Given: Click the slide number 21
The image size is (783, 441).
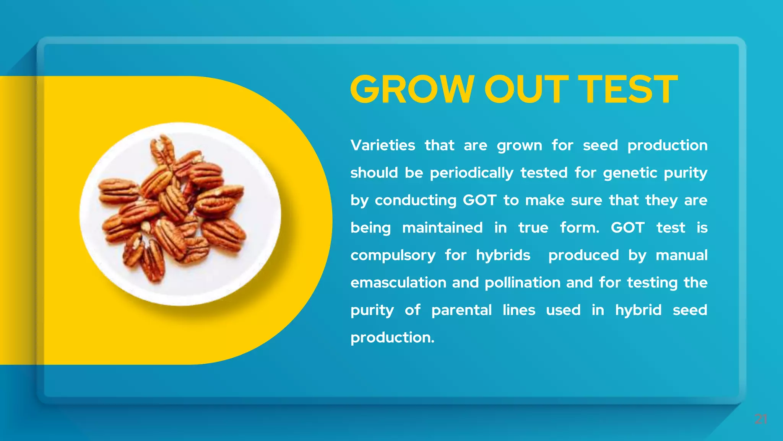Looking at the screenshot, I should (x=760, y=419).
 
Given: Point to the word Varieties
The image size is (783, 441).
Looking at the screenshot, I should (x=383, y=145).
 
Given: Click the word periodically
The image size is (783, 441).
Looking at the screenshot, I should (x=471, y=173).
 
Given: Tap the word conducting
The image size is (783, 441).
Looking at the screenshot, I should (x=416, y=200).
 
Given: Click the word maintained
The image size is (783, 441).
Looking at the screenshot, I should (x=442, y=228).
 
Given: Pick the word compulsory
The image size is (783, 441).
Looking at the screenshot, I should (x=393, y=255).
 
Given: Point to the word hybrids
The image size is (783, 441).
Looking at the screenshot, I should (x=503, y=255).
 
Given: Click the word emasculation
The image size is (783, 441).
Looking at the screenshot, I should (x=398, y=283).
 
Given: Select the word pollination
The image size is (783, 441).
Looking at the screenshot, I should (x=523, y=283).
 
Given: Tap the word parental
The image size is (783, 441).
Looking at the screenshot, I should (x=461, y=310).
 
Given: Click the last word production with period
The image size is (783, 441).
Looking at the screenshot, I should (x=392, y=338).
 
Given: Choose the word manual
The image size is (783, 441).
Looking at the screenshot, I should (x=682, y=255).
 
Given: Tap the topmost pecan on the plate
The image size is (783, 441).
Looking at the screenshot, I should (x=163, y=149).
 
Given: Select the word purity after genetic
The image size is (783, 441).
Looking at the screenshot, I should (x=686, y=173).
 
